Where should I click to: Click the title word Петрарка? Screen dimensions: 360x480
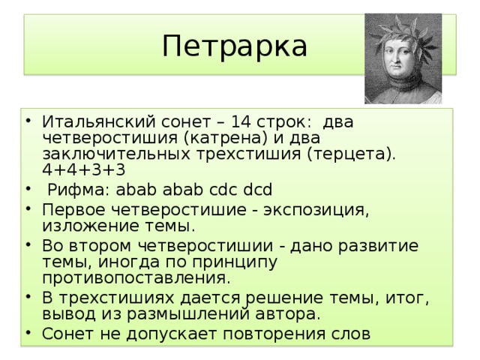pyautogui.click(x=234, y=46)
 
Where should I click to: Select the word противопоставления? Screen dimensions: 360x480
pyautogui.click(x=136, y=278)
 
